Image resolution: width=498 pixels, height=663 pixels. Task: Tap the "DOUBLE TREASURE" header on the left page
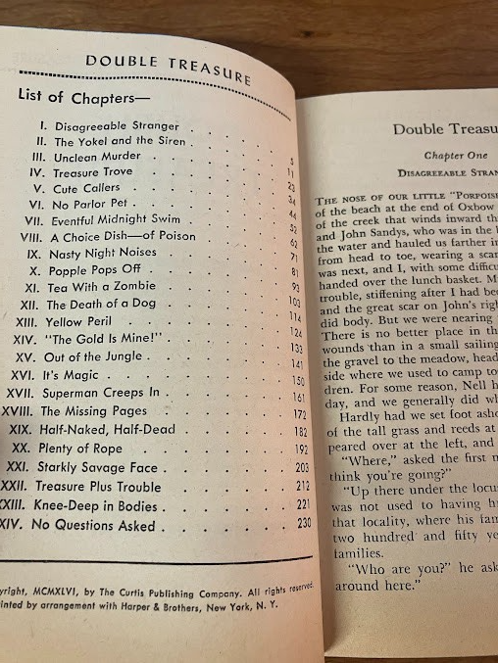tap(168, 66)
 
